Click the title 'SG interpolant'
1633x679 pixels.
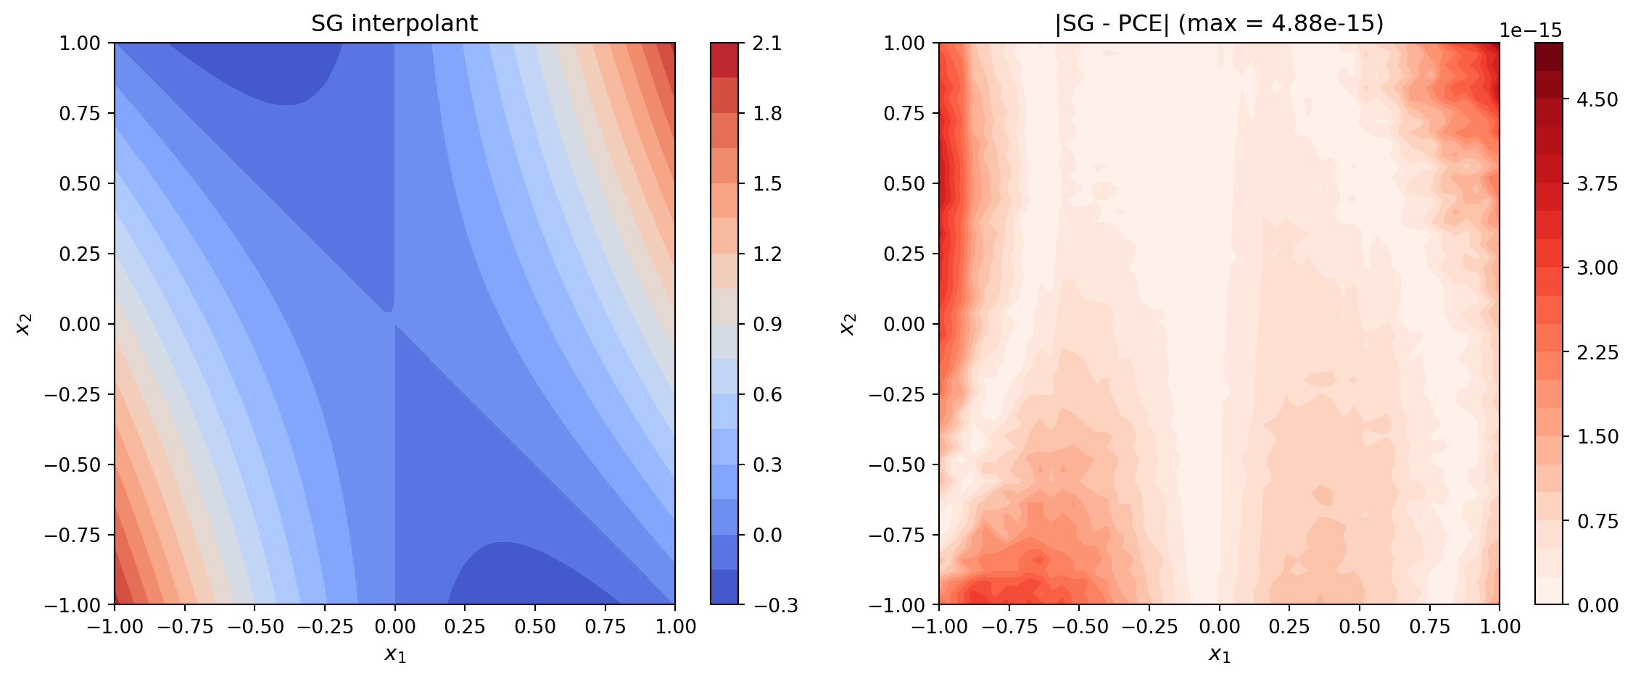[x=394, y=24]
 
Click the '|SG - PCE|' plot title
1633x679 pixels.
[x=1219, y=24]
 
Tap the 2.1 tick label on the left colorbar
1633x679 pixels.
[x=767, y=43]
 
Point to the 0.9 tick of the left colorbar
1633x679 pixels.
[x=767, y=324]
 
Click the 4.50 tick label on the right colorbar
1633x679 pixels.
[x=1597, y=99]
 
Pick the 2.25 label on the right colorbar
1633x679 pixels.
[x=1597, y=352]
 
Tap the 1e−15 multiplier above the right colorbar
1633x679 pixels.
[x=1530, y=30]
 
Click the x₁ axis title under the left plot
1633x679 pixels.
[x=394, y=654]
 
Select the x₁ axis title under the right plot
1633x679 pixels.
[x=1219, y=654]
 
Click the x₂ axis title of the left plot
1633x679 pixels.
[x=24, y=324]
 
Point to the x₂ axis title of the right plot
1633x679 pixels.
[x=848, y=324]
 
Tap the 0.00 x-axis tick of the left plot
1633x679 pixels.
[x=394, y=627]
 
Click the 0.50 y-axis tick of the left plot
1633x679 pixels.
[x=79, y=183]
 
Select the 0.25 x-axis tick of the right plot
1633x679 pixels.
[x=1289, y=627]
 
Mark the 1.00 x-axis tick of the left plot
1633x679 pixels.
[x=675, y=627]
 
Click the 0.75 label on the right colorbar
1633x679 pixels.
[x=1597, y=521]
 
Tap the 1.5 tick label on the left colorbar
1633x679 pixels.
[x=767, y=183]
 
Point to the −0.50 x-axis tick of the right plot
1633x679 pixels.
[x=1079, y=627]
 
